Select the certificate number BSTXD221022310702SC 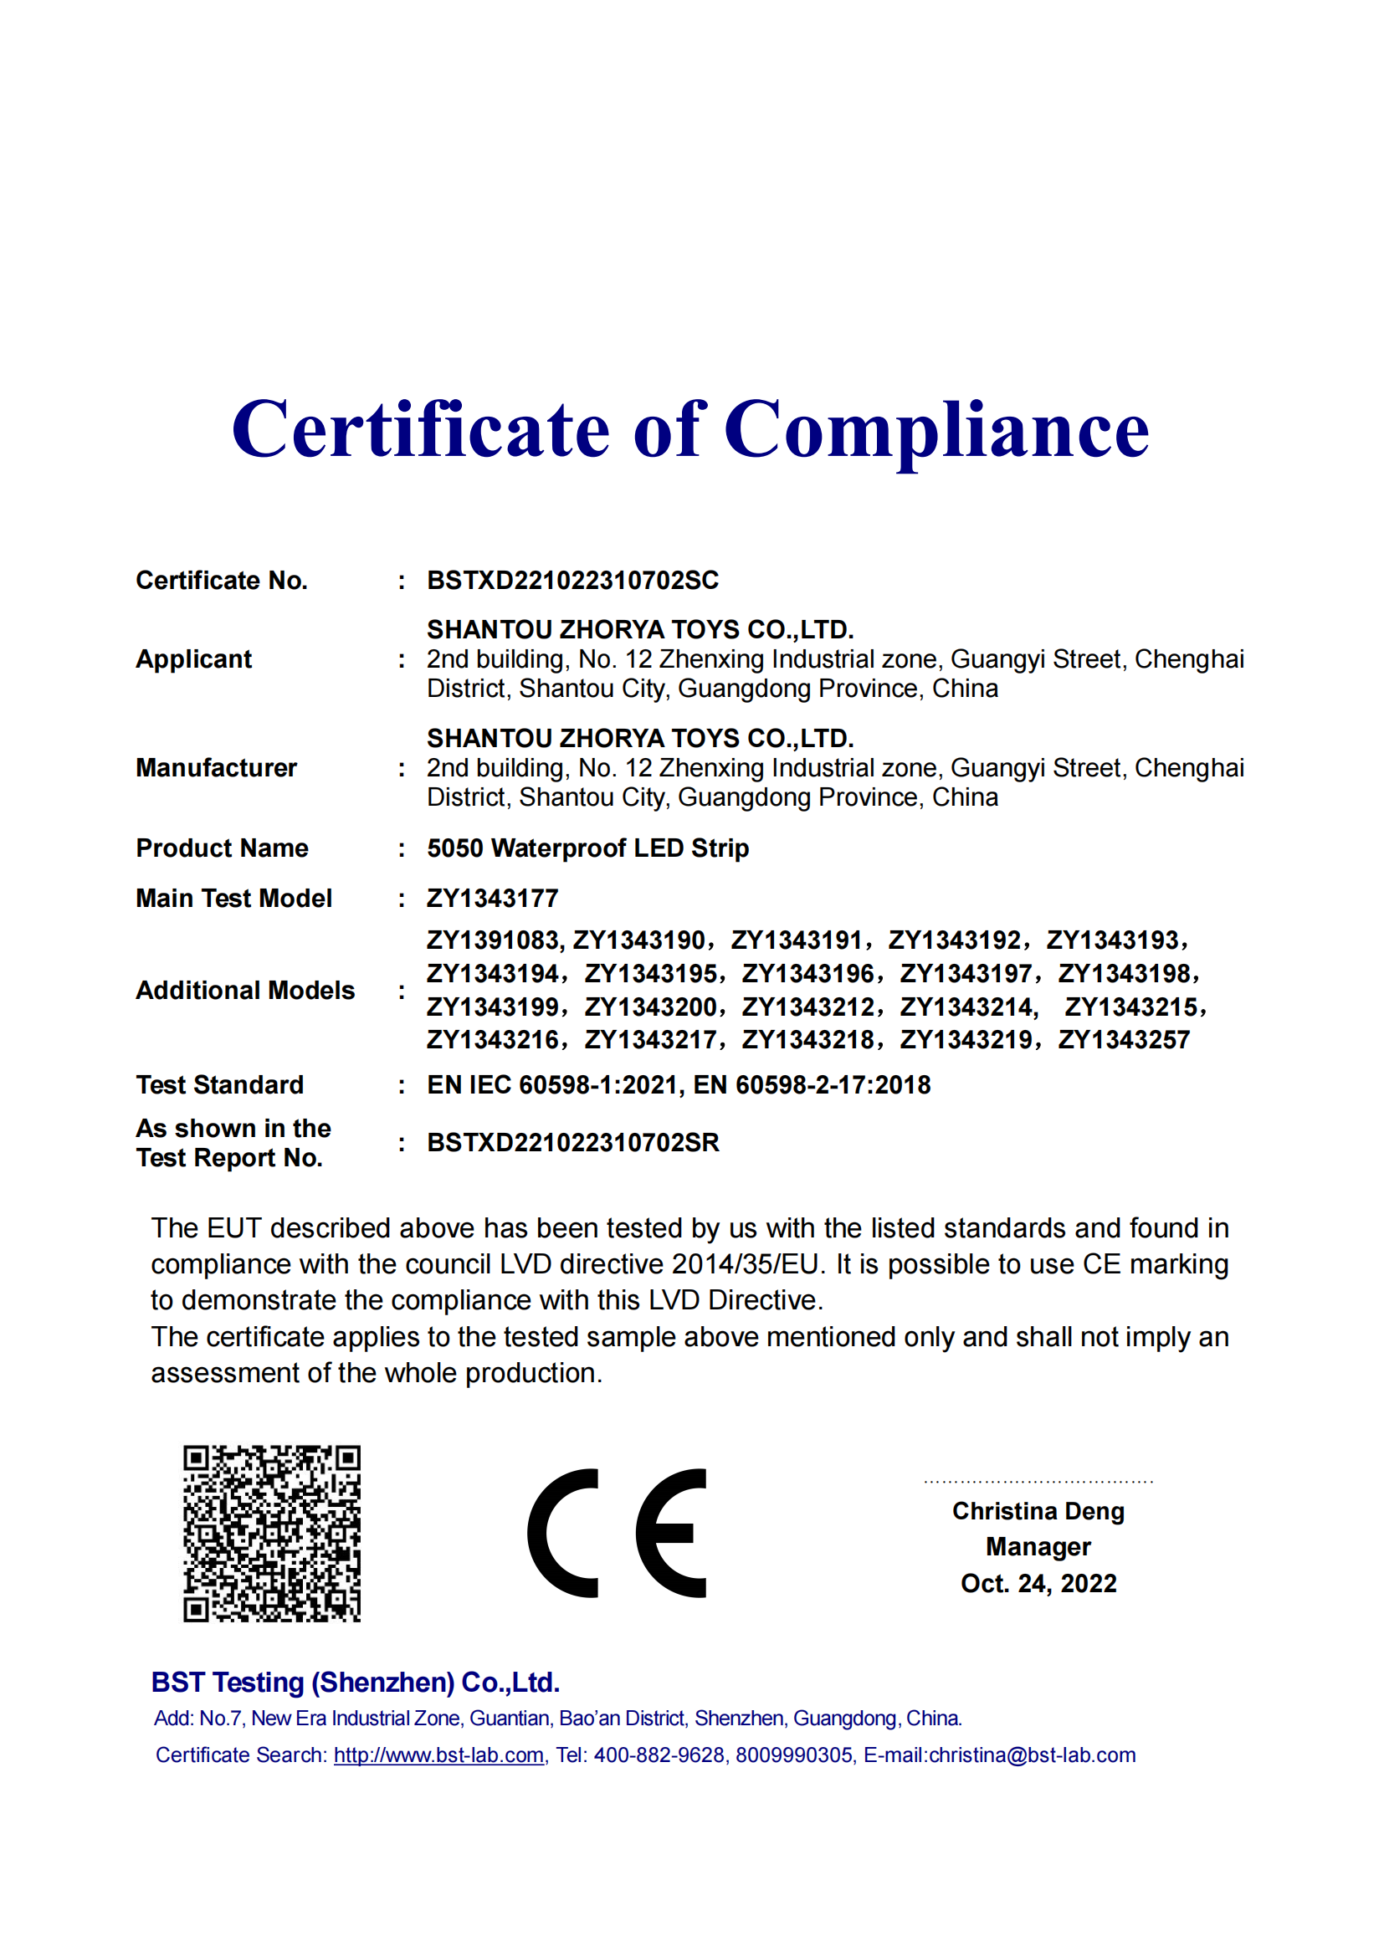point(572,581)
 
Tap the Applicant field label point(193,658)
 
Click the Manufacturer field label point(217,768)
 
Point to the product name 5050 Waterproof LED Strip point(587,848)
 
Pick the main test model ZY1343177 point(493,899)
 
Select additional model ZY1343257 point(1123,1040)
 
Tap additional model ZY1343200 point(651,1007)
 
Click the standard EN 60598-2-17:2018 point(812,1085)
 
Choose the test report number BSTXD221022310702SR point(572,1143)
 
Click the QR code point(272,1534)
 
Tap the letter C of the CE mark point(563,1533)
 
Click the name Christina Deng point(1038,1511)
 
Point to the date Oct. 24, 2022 point(1038,1584)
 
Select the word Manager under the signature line point(1038,1547)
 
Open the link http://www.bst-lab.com point(439,1755)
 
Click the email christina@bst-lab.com point(1032,1755)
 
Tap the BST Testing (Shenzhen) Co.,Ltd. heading point(356,1683)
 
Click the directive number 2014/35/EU point(745,1264)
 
